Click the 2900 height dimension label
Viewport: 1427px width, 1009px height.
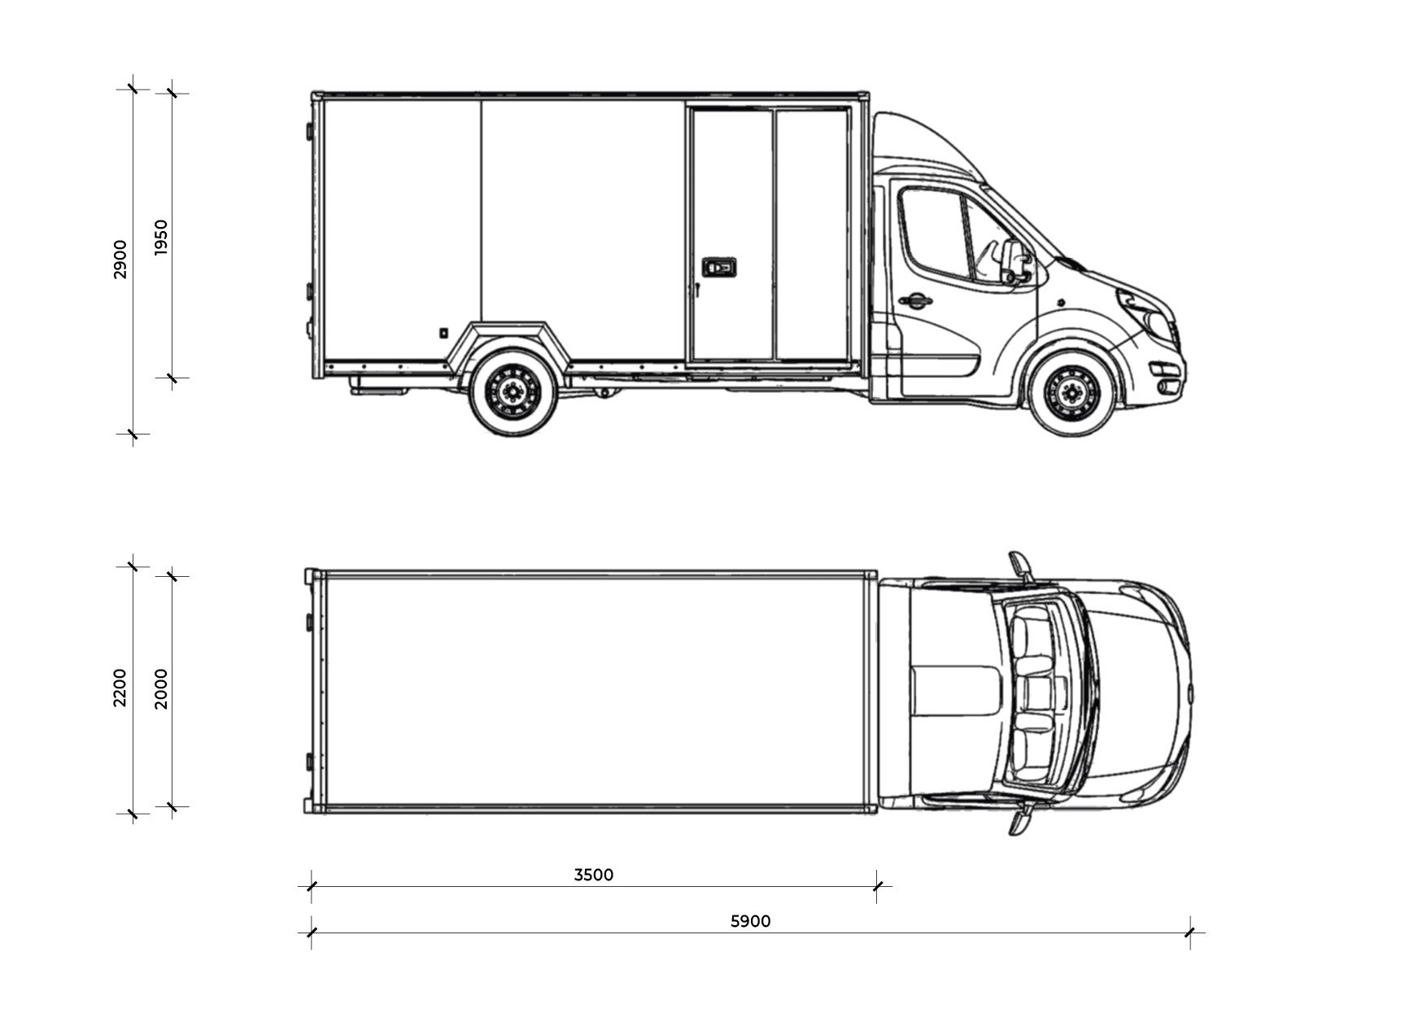pyautogui.click(x=120, y=260)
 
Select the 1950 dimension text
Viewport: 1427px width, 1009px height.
pyautogui.click(x=160, y=238)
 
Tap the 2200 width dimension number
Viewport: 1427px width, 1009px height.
pyautogui.click(x=120, y=688)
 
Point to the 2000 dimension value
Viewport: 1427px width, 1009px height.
pyautogui.click(x=160, y=688)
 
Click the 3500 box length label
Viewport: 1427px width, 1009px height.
pyautogui.click(x=594, y=875)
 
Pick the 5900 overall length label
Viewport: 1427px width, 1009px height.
pyautogui.click(x=750, y=921)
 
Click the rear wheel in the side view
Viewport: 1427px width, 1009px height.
pyautogui.click(x=513, y=392)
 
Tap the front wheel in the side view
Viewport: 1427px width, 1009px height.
pyautogui.click(x=1073, y=393)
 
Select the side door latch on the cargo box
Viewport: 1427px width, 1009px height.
pyautogui.click(x=718, y=267)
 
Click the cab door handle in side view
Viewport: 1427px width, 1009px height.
pyautogui.click(x=915, y=301)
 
